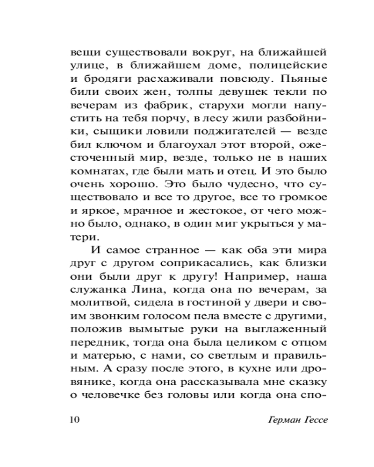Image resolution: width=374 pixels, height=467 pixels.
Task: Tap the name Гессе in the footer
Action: pyautogui.click(x=311, y=419)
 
